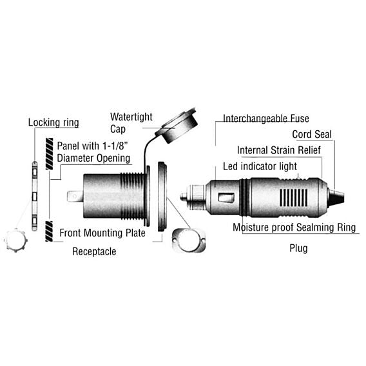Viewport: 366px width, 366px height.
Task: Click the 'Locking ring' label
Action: tap(53, 122)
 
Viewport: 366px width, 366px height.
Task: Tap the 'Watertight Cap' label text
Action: tap(131, 123)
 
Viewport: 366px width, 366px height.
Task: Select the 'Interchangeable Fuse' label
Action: tap(266, 119)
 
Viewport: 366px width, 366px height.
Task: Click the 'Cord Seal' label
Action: tap(312, 135)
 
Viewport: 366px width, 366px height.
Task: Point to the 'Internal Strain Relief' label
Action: tap(279, 150)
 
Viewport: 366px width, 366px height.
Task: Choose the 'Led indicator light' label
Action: tap(260, 166)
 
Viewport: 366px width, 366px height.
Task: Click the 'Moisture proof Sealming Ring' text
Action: tap(294, 227)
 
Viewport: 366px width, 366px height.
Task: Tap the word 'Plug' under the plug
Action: tap(298, 248)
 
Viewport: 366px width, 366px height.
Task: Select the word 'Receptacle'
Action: tap(94, 251)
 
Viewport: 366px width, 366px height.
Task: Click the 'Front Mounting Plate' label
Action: tap(102, 233)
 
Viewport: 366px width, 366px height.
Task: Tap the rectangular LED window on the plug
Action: tap(226, 197)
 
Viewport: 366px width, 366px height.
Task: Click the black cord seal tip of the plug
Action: tap(336, 196)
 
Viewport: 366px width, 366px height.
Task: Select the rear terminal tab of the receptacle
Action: tap(75, 197)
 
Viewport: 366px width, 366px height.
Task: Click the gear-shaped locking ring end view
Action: tap(15, 240)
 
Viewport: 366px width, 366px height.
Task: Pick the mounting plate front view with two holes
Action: tap(189, 240)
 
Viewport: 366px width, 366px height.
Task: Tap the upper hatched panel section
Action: tap(49, 154)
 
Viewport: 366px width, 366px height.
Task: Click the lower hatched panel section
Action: tap(49, 231)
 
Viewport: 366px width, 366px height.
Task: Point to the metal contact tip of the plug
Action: tap(184, 197)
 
